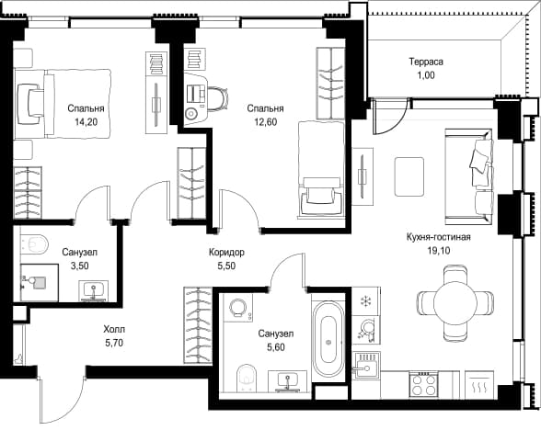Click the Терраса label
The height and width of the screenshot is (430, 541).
[426, 62]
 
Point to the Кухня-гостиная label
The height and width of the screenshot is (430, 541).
[439, 237]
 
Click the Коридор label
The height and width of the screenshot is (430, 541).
[226, 252]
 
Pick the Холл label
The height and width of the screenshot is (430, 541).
[114, 330]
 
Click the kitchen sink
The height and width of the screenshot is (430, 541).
[366, 366]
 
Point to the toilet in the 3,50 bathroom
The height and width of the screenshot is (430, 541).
[35, 244]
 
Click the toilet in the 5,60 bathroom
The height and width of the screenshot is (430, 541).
[247, 378]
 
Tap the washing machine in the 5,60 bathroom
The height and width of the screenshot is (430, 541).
[237, 308]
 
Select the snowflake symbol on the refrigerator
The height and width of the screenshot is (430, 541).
[365, 301]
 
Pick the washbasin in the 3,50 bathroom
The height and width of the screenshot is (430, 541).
[93, 290]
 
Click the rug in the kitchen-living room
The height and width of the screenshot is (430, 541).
[409, 176]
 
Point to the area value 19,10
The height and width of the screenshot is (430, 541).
[439, 251]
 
